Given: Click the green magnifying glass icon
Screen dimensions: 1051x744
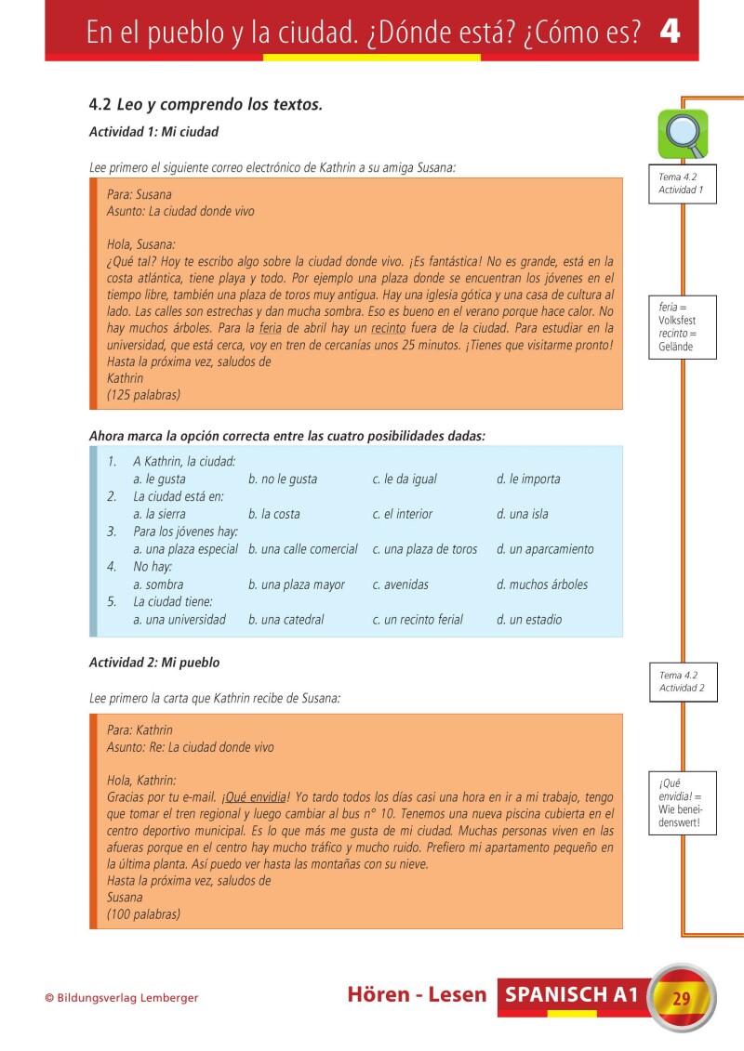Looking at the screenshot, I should click(683, 134).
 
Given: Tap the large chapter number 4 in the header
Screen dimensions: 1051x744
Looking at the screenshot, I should click(670, 32).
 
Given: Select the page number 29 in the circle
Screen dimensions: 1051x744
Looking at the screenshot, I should click(681, 999).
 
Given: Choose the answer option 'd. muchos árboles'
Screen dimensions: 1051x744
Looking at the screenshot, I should click(542, 585).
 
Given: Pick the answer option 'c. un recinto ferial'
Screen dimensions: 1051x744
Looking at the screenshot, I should click(418, 620).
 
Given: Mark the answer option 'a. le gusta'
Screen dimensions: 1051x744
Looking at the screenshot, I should click(159, 480).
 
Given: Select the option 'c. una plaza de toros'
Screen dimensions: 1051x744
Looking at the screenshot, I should click(425, 549).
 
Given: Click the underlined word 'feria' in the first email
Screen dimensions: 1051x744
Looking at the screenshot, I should click(270, 328).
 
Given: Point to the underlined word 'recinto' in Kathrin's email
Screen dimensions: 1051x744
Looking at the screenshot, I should click(389, 328).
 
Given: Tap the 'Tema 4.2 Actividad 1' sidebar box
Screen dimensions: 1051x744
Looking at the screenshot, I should click(682, 182).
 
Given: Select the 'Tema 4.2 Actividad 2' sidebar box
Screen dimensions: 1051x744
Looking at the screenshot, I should click(682, 682).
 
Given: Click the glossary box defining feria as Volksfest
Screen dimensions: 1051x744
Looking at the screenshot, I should click(682, 327).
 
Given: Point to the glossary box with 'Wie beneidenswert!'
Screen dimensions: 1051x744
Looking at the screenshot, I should click(682, 803).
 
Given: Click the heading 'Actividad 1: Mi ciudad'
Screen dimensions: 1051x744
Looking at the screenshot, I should click(153, 132).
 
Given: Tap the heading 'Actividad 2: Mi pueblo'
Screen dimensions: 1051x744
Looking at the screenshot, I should click(154, 663).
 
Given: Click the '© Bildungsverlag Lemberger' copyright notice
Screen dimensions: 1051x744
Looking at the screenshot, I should click(122, 998).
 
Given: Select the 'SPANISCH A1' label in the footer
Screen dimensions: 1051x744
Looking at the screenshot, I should click(572, 995).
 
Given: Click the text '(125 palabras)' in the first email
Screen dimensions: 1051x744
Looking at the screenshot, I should click(143, 395).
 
